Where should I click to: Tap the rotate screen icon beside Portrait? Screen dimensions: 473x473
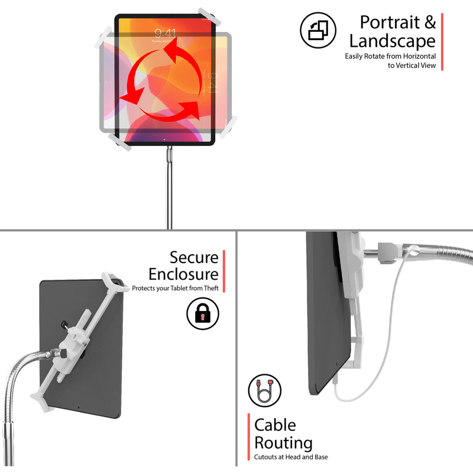pyautogui.click(x=318, y=30)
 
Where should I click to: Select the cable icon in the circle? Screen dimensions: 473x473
pyautogui.click(x=264, y=390)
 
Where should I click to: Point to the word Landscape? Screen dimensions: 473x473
pyautogui.click(x=392, y=41)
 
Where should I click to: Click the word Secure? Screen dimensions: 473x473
pyautogui.click(x=194, y=257)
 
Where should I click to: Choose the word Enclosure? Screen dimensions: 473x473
pyautogui.click(x=183, y=274)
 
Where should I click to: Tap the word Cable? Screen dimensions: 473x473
pyautogui.click(x=275, y=425)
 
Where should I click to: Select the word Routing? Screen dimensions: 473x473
pyautogui.click(x=283, y=442)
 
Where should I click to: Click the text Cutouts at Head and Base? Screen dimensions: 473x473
pyautogui.click(x=291, y=457)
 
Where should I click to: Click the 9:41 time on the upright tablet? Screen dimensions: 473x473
pyautogui.click(x=165, y=33)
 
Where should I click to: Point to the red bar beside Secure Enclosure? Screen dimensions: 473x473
pyautogui.click(x=224, y=270)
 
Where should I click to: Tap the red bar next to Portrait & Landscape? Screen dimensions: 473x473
pyautogui.click(x=442, y=41)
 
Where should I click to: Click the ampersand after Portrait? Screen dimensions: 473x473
pyautogui.click(x=430, y=22)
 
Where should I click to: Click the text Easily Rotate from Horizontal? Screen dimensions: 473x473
pyautogui.click(x=390, y=56)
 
